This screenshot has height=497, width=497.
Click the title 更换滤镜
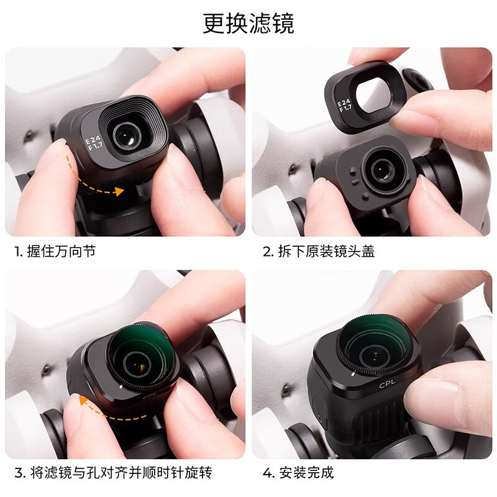point(248,24)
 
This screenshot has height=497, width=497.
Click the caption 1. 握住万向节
point(55,252)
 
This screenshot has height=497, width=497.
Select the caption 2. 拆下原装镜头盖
point(318,252)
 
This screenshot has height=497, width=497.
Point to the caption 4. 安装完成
point(298,473)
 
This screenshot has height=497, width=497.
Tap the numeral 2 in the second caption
point(268,252)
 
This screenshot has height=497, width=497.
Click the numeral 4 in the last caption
point(268,473)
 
